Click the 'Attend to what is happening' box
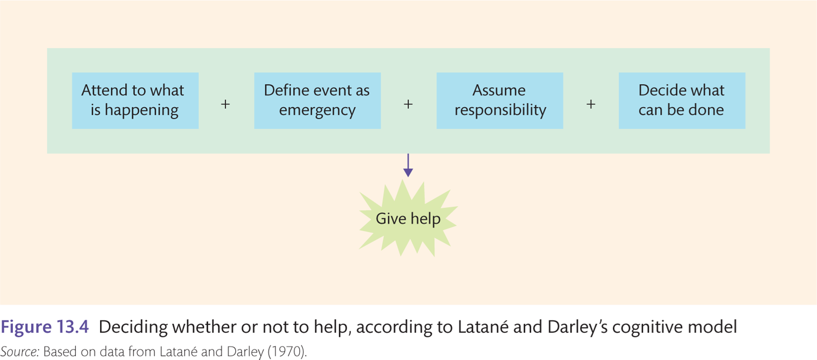pyautogui.click(x=135, y=100)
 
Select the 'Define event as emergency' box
pyautogui.click(x=317, y=100)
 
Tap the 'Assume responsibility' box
pyautogui.click(x=500, y=100)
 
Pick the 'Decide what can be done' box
pyautogui.click(x=682, y=100)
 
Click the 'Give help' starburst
pyautogui.click(x=408, y=218)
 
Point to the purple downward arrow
pyautogui.click(x=408, y=165)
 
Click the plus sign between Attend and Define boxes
pyautogui.click(x=225, y=104)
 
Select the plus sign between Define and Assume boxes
pyautogui.click(x=408, y=104)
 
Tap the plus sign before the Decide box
pyautogui.click(x=591, y=104)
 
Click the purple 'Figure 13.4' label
pyautogui.click(x=44, y=326)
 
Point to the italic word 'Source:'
pyautogui.click(x=20, y=352)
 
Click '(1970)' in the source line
pyautogui.click(x=287, y=352)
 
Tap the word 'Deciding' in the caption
pyautogui.click(x=133, y=327)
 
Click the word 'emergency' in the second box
pyautogui.click(x=317, y=110)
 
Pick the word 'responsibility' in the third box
pyautogui.click(x=500, y=110)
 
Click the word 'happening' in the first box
pyautogui.click(x=141, y=110)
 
